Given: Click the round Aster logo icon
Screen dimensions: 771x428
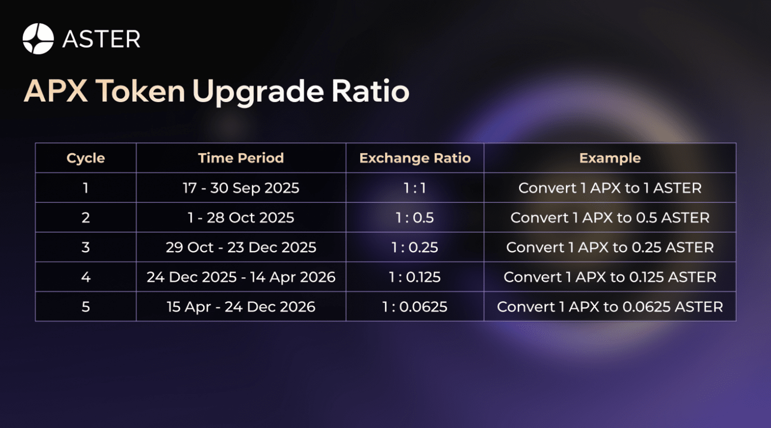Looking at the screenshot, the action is (x=38, y=38).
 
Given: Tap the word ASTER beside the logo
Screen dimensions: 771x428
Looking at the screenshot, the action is (x=101, y=39).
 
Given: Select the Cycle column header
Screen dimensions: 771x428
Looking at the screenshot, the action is (x=85, y=158).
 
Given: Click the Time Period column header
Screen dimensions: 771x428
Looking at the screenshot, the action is (x=241, y=158).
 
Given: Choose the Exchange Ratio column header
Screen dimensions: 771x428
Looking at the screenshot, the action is (x=415, y=158).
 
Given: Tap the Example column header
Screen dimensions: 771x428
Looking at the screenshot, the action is (x=610, y=158).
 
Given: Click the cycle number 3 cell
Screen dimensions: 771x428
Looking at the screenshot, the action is (x=85, y=247).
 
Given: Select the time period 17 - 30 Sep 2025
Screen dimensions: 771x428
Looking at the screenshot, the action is (x=241, y=188).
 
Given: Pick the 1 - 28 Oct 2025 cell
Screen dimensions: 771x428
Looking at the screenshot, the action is (x=241, y=217).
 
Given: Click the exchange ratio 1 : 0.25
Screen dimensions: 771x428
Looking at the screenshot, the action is (x=415, y=247).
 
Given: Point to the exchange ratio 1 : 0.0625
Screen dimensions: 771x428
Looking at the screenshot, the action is (x=415, y=307).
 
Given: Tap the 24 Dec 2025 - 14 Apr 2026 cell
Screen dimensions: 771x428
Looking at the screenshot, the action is (x=241, y=277).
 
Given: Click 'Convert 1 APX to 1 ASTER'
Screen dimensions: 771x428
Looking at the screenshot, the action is (x=610, y=188).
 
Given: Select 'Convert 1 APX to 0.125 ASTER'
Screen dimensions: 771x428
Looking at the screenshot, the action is (x=610, y=277).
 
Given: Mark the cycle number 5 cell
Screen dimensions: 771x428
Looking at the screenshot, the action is (x=85, y=307).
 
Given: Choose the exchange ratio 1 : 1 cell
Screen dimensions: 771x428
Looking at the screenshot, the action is (x=415, y=188).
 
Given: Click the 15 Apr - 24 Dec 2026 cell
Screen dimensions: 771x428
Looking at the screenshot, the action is (x=241, y=307).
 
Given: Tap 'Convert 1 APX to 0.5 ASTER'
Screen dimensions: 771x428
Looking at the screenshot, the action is (x=610, y=217).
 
